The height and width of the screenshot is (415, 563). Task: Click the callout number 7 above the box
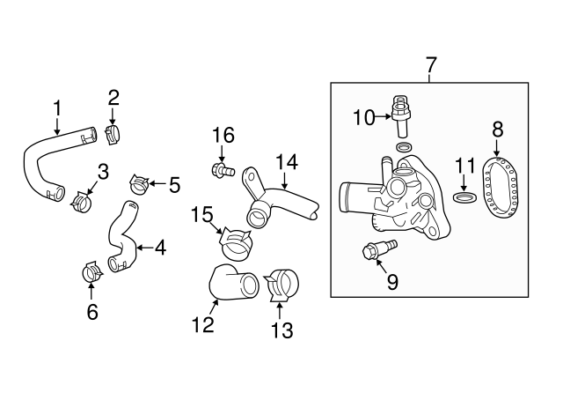(430, 65)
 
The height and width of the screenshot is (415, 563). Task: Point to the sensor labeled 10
(402, 116)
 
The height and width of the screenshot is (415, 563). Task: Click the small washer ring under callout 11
(465, 197)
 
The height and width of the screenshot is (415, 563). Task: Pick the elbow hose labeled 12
(233, 283)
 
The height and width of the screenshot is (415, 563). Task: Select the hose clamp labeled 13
(282, 285)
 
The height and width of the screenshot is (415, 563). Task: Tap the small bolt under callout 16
(223, 169)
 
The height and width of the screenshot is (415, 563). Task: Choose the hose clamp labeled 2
(113, 135)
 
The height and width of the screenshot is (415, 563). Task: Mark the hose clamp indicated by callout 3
(82, 202)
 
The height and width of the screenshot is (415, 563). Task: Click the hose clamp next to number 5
(139, 184)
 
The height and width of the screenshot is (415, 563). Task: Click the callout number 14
(287, 162)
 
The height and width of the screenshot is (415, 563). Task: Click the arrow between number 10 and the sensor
(383, 116)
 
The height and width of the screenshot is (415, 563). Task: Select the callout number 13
(281, 330)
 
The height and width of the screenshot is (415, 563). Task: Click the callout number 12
(203, 325)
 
